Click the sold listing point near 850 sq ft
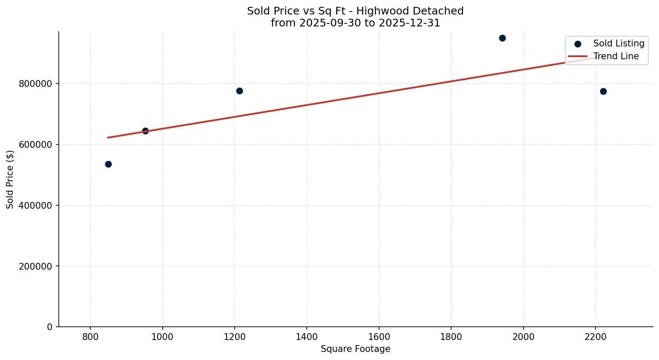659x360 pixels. tap(108, 164)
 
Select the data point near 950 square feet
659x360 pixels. tap(145, 131)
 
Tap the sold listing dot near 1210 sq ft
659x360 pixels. tap(239, 91)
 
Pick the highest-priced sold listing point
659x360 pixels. tap(502, 38)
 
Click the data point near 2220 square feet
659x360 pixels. tap(603, 91)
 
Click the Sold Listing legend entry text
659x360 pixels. tap(619, 43)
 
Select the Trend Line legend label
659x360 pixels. tap(616, 56)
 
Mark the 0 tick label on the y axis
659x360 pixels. tap(50, 327)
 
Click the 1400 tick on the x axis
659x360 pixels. tap(307, 337)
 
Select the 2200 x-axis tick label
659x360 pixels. tap(596, 337)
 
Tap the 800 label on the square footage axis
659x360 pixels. tap(90, 337)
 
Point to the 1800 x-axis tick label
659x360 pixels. tap(451, 337)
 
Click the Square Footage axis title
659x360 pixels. tap(355, 349)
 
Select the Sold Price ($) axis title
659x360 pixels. tap(10, 179)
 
